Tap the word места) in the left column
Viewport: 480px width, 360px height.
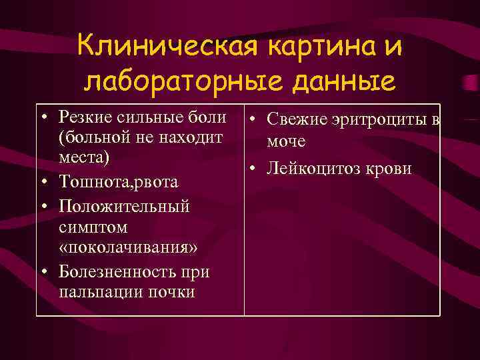click(84, 159)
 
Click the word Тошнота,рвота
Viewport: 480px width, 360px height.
click(118, 181)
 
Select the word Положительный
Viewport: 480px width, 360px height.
click(124, 206)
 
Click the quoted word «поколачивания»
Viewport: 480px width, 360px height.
click(127, 249)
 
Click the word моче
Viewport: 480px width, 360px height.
click(286, 141)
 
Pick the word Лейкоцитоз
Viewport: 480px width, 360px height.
click(313, 169)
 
